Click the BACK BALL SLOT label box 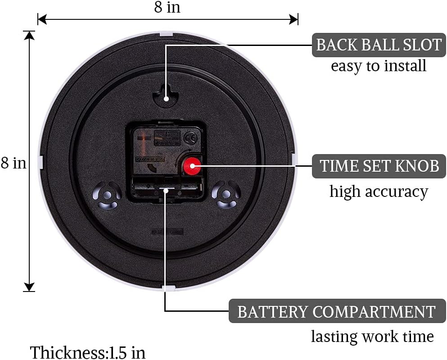(379, 45)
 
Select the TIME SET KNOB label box (379, 166)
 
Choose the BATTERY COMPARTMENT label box (336, 311)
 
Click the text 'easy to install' (379, 66)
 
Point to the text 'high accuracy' (379, 191)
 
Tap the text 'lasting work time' (372, 336)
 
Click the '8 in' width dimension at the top (167, 8)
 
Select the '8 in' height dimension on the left (14, 163)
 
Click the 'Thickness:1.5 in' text (88, 352)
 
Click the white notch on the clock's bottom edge (167, 288)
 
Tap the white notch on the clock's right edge (294, 159)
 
